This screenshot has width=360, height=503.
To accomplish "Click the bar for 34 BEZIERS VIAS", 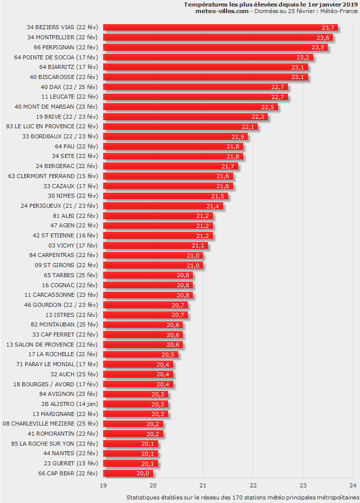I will [220, 28].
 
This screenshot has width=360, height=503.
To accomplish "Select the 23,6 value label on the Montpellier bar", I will [323, 38].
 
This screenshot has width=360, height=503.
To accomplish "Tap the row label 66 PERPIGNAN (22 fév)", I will [66, 47].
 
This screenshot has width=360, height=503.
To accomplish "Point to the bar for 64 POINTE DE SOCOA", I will [207, 57].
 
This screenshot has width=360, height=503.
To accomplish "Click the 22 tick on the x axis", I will [253, 485].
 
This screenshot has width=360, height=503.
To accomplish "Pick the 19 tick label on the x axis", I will [103, 485].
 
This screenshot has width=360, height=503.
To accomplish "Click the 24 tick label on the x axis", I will [352, 485].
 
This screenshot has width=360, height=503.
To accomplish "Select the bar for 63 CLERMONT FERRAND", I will [168, 176].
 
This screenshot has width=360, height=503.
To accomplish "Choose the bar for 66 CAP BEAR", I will [128, 473].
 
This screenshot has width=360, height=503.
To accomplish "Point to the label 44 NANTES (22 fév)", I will [70, 453].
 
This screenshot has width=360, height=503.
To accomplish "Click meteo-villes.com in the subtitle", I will [222, 12].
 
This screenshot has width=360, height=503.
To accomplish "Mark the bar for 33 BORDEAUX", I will [175, 136].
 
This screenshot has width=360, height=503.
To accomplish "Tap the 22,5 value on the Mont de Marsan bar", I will [268, 107].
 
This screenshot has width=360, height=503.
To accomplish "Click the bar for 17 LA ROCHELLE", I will [140, 355].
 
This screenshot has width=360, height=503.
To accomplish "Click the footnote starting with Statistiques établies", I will [242, 497].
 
